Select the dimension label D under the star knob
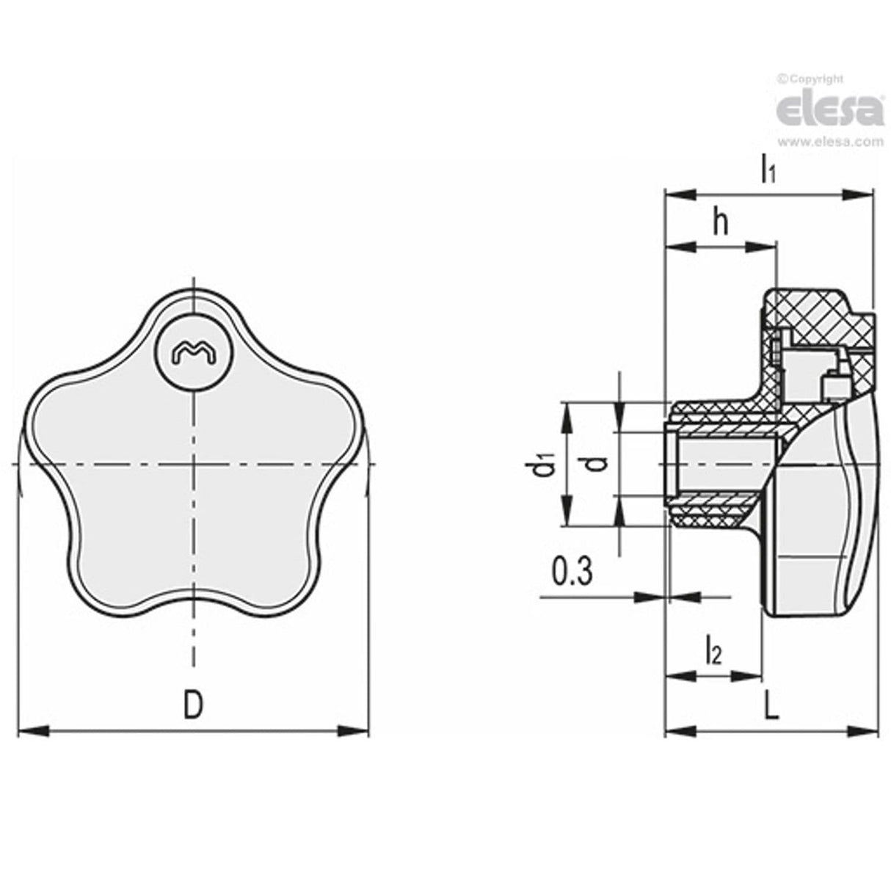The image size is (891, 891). click(192, 705)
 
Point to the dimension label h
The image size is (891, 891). click(721, 223)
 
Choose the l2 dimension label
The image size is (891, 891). click(712, 650)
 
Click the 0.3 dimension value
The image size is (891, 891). click(571, 573)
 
